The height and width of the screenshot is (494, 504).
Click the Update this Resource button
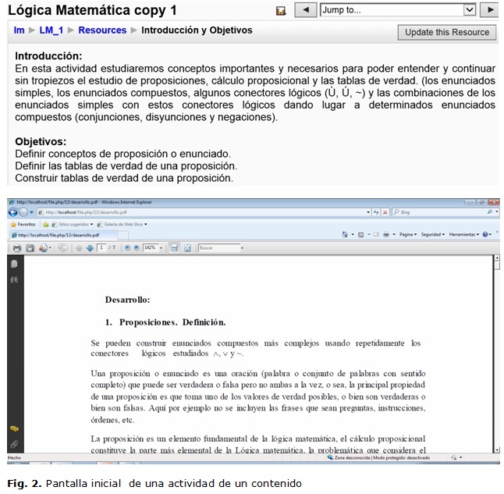pos(447,32)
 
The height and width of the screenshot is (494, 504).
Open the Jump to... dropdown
pos(398,10)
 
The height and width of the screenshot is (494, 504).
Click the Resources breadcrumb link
pos(102,30)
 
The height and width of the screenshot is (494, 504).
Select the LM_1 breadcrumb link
pos(51,30)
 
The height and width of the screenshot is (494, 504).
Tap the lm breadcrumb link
pos(19,30)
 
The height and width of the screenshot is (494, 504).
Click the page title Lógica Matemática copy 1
pos(92,10)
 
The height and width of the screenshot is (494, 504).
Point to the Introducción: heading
pos(48,56)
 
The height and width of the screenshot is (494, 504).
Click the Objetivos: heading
pos(41,142)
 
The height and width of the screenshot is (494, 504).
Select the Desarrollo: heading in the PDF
pos(127,300)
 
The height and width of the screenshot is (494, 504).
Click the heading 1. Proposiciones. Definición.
pos(165,322)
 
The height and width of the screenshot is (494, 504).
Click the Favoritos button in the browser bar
pos(26,224)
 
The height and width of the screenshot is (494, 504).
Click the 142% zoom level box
pos(150,248)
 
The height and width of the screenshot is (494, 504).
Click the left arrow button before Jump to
pos(306,10)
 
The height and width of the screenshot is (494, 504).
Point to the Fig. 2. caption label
pos(24,484)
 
